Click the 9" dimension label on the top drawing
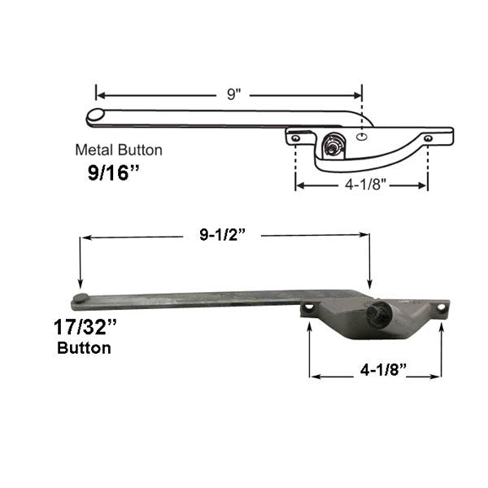coord(233,94)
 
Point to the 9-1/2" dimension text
coord(223,236)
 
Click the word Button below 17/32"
coord(85,348)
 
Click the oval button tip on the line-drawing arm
coord(96,117)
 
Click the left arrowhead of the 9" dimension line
coord(99,94)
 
